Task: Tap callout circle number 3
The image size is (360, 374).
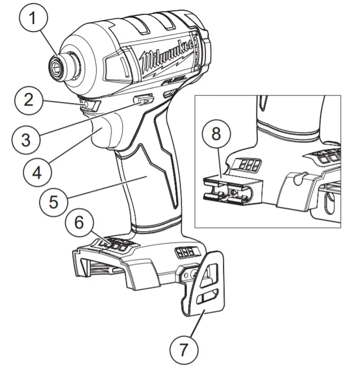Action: point(26,139)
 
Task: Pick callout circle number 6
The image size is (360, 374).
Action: point(79,222)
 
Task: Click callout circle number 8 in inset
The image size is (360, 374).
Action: point(216,133)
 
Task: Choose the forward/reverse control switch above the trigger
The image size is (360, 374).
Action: point(143,99)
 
